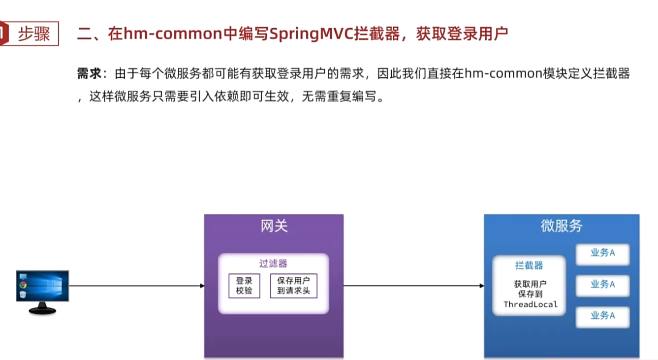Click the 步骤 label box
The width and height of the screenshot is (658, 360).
click(33, 34)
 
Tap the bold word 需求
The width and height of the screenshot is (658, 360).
click(89, 74)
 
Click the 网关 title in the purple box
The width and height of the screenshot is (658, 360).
click(274, 226)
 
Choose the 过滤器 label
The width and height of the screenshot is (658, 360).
click(273, 263)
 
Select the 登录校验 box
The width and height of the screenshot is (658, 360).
click(244, 286)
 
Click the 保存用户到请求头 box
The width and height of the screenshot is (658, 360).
click(294, 286)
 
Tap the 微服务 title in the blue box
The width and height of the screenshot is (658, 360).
click(561, 226)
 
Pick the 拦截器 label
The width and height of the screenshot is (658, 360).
click(529, 265)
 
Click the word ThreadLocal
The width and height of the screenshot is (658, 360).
click(531, 304)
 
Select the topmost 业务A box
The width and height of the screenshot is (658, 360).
click(603, 254)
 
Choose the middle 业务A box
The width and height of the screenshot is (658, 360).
click(603, 285)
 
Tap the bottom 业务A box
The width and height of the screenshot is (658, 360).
click(603, 316)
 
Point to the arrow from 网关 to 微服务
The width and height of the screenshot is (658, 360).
click(413, 286)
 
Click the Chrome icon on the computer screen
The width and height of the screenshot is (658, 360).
click(23, 285)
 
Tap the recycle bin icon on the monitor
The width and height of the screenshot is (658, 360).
click(23, 294)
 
